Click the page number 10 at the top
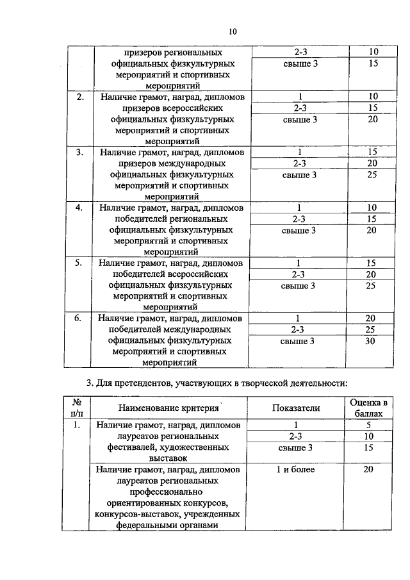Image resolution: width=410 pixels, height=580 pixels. [233, 31]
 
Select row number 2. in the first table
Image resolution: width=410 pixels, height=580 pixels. [80, 97]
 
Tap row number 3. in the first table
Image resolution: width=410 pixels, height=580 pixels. [80, 153]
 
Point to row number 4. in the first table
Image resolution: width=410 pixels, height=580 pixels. [80, 208]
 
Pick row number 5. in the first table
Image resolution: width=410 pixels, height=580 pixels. [80, 263]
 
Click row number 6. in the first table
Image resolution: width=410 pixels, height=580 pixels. [80, 318]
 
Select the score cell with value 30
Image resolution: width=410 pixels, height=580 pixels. [370, 341]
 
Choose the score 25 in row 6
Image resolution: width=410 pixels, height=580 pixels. [370, 329]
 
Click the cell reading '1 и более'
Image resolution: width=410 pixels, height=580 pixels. [296, 470]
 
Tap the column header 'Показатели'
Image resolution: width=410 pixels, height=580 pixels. [296, 408]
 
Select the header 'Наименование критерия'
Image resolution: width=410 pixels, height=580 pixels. [169, 408]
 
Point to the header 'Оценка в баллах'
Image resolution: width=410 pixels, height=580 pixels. [369, 408]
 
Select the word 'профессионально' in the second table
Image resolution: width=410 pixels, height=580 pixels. [169, 492]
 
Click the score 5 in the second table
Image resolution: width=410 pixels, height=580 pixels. [369, 424]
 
